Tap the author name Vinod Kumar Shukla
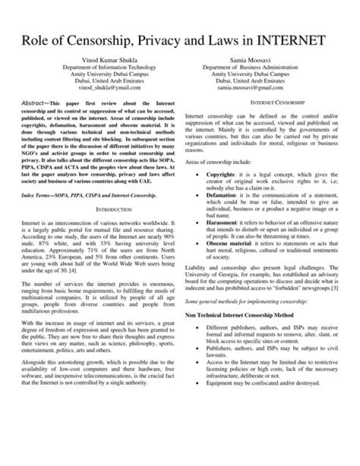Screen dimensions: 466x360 [109, 60]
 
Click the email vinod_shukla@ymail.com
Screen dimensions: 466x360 [109, 87]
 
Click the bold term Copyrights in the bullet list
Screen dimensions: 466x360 [220, 174]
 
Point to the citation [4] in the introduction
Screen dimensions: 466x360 [72, 271]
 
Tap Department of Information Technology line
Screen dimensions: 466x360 [109, 67]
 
